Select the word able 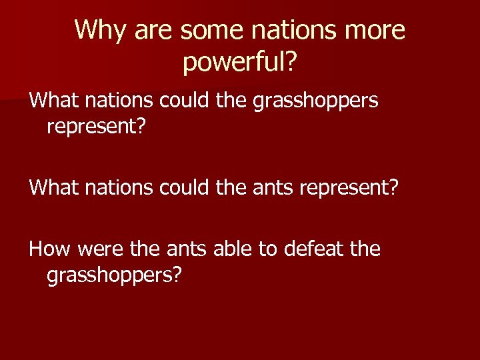click(231, 249)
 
